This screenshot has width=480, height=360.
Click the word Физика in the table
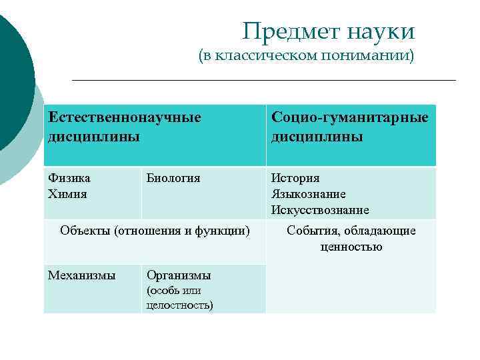point(69,178)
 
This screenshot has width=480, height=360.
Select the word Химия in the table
point(67,194)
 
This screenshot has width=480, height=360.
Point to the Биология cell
point(173,178)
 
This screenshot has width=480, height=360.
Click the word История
point(295,178)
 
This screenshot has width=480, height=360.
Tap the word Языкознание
point(308,194)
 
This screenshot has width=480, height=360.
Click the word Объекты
point(85,231)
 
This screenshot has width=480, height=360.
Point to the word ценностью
point(351,247)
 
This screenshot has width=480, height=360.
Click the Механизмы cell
point(81,275)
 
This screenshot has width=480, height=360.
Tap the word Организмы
point(179,275)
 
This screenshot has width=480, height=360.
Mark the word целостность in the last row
point(179,305)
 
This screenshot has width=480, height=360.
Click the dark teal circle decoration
point(12,80)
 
